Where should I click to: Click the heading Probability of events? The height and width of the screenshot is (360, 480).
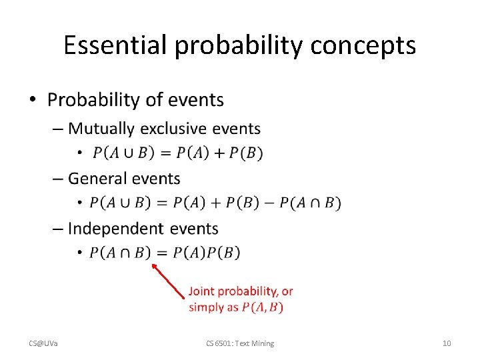[x=135, y=100]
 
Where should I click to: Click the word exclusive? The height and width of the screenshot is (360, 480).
[x=173, y=128]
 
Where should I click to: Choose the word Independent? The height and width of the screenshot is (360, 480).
[x=114, y=229]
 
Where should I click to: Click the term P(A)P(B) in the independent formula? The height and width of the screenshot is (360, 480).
[x=207, y=253]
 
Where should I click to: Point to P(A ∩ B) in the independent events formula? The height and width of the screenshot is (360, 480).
[x=120, y=253]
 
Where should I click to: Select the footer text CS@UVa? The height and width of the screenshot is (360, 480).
[x=43, y=343]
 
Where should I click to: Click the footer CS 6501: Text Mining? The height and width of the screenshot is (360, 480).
[x=239, y=343]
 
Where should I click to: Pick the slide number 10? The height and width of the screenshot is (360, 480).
[x=447, y=343]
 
